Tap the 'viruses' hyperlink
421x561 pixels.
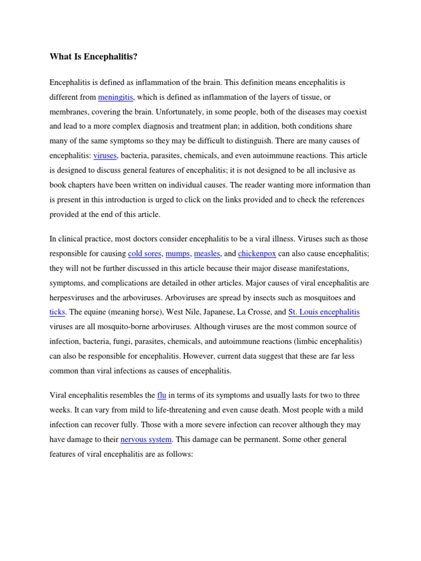105,156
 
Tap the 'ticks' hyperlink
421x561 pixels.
58,312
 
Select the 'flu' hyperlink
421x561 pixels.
162,395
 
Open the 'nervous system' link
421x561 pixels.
146,439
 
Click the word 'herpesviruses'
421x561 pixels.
73,297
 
